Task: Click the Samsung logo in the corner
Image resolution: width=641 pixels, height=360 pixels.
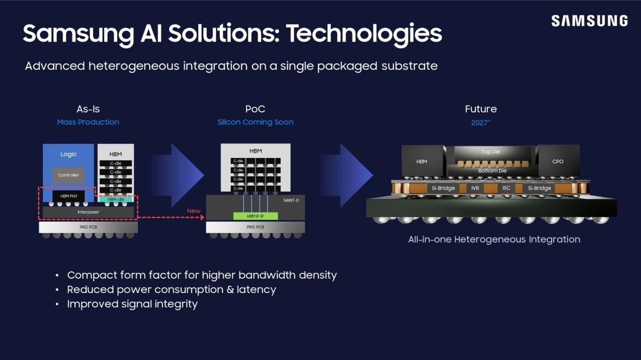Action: click(589, 21)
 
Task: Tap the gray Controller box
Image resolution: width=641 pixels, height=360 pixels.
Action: click(69, 175)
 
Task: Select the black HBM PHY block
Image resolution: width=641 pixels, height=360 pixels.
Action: click(69, 196)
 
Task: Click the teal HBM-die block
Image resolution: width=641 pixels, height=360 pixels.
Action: click(116, 199)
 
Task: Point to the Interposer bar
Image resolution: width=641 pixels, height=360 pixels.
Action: click(88, 212)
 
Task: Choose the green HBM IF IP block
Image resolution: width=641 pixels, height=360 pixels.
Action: click(255, 216)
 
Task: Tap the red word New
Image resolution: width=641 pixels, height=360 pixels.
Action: click(194, 211)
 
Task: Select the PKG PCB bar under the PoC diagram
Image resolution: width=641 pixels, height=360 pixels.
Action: click(255, 227)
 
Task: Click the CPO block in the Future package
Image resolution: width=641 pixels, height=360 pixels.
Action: click(558, 161)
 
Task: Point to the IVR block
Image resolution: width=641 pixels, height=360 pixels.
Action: click(475, 188)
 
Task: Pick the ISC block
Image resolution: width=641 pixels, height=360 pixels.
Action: click(506, 188)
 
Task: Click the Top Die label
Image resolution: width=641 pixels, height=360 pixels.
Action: click(491, 152)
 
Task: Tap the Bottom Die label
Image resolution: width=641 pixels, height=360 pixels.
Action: click(492, 171)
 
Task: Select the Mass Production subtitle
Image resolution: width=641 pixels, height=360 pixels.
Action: click(88, 122)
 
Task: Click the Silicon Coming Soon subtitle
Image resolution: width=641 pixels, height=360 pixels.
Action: click(255, 122)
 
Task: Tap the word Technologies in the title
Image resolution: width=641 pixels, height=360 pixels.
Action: click(364, 34)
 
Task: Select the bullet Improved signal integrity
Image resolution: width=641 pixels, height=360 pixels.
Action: click(132, 304)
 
